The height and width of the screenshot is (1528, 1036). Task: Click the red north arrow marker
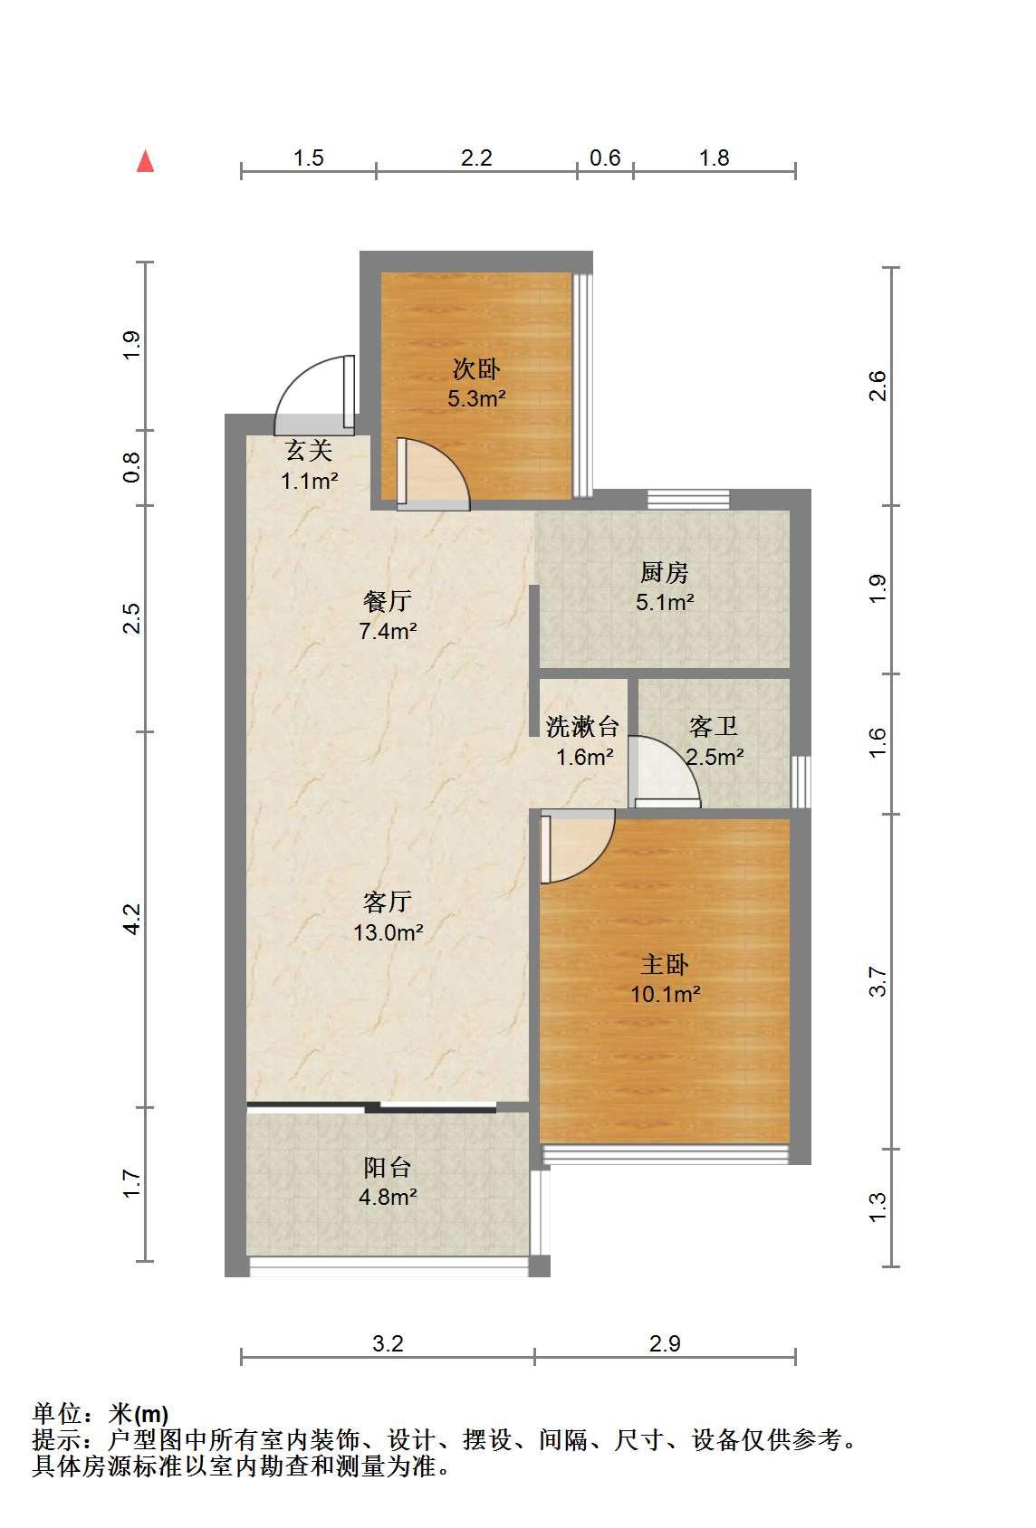pyautogui.click(x=146, y=161)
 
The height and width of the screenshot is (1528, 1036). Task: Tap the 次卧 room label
pyautogui.click(x=476, y=369)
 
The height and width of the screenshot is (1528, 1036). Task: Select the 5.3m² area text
pyautogui.click(x=476, y=397)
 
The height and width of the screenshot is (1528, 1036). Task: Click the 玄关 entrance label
pyautogui.click(x=309, y=451)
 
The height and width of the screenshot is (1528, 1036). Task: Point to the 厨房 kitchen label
pyautogui.click(x=665, y=572)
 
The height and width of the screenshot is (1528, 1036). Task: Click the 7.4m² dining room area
pyautogui.click(x=388, y=631)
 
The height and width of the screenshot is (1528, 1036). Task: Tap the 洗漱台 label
pyautogui.click(x=582, y=727)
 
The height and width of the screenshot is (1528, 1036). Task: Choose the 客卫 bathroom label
pyautogui.click(x=714, y=727)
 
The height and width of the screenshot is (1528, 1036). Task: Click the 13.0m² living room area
pyautogui.click(x=388, y=932)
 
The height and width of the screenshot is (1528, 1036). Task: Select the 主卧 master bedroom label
pyautogui.click(x=665, y=965)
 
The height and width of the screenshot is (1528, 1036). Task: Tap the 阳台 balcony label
pyautogui.click(x=387, y=1167)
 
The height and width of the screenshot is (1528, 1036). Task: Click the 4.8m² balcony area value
pyautogui.click(x=388, y=1197)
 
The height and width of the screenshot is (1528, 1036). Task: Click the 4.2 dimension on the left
pyautogui.click(x=131, y=919)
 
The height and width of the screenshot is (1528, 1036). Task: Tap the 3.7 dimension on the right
pyautogui.click(x=878, y=981)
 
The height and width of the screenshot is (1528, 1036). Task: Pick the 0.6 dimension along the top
pyautogui.click(x=605, y=158)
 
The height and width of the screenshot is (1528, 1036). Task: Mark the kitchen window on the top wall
pyautogui.click(x=688, y=500)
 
